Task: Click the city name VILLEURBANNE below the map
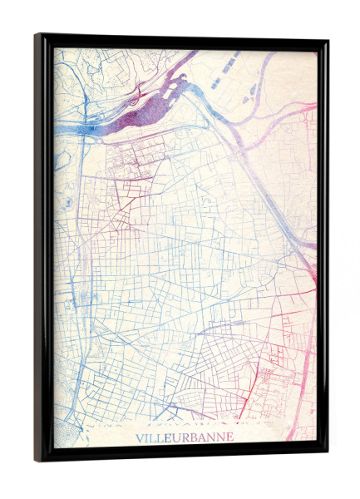click(184, 437)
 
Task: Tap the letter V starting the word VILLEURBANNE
click(138, 437)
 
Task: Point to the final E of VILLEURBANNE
click(229, 437)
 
